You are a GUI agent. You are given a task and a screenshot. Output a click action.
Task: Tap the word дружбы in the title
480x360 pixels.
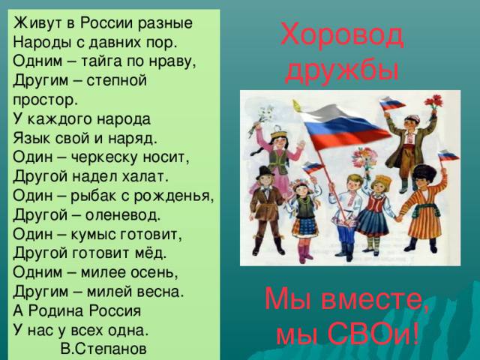(x=342, y=71)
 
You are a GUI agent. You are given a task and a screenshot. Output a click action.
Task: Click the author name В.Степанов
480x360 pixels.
(x=103, y=349)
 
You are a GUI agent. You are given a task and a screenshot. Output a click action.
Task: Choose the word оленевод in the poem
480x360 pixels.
(x=122, y=215)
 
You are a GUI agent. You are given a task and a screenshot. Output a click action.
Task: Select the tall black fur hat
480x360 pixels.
(x=424, y=173)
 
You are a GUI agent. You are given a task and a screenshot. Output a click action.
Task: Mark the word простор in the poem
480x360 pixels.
(x=45, y=100)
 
